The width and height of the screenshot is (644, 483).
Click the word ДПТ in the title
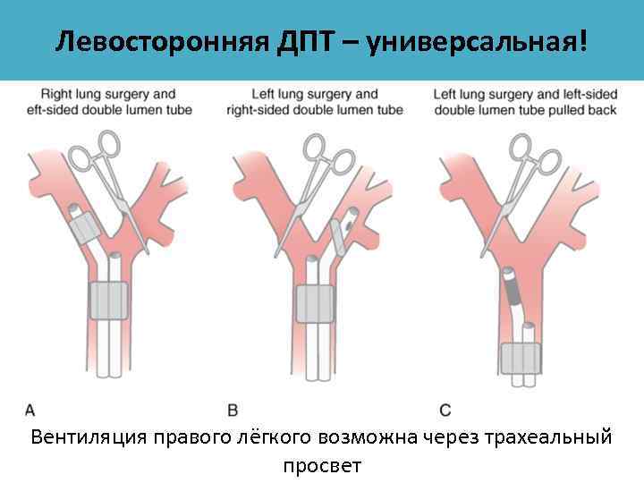[x=298, y=41]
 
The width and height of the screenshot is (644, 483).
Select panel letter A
[x=30, y=410]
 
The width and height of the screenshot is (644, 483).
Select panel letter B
[x=233, y=410]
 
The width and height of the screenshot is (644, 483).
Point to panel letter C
[x=445, y=410]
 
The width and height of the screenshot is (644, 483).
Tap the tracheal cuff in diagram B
[x=314, y=302]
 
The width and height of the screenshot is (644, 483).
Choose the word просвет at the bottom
[x=322, y=465]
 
